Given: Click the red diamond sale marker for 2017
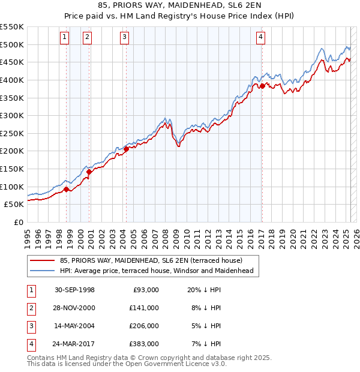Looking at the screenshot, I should (x=262, y=86).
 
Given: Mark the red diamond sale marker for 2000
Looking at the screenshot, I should (x=89, y=172).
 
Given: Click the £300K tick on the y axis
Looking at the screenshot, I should (x=12, y=115).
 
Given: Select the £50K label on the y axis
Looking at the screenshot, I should (x=14, y=204).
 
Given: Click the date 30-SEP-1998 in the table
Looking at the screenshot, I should (x=74, y=290).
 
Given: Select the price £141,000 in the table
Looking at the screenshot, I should (x=144, y=308).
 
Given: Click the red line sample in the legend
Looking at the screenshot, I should (x=43, y=260).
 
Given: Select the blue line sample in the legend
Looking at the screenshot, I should (x=43, y=271).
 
